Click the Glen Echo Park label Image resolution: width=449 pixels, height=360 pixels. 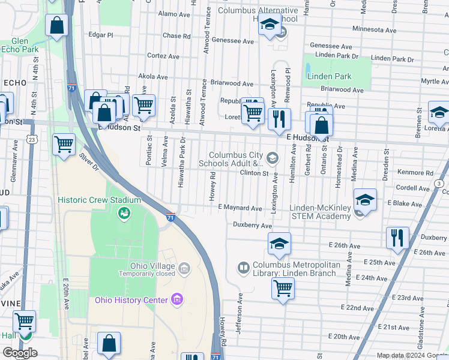point(20,46)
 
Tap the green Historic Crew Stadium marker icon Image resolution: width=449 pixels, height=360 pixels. point(124,213)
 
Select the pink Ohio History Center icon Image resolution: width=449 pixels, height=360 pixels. point(176,299)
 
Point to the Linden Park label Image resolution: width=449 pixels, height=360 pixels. point(329,76)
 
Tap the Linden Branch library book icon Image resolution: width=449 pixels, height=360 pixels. point(243,267)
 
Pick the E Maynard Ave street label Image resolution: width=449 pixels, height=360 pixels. point(240,208)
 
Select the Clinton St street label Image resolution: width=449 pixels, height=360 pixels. point(254,173)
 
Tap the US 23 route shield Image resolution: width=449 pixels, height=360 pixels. point(31,139)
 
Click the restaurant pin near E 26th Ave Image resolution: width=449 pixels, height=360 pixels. point(397,237)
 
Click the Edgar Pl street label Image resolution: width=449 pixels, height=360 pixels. point(100,35)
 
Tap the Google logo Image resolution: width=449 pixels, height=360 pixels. point(20,353)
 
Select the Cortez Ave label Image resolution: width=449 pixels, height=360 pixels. point(163,56)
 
